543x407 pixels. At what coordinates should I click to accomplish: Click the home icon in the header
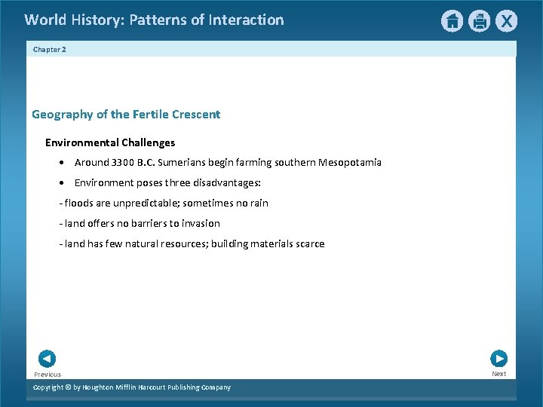click(452, 21)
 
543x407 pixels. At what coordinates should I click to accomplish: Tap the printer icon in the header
click(479, 21)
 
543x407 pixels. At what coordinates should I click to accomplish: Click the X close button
click(506, 21)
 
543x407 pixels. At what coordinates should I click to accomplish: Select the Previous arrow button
click(47, 360)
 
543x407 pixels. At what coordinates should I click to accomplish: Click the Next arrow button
click(499, 359)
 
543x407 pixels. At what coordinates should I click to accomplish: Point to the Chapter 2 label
click(50, 49)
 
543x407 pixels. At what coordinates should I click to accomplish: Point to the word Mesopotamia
click(350, 162)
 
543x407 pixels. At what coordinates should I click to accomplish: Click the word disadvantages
click(226, 182)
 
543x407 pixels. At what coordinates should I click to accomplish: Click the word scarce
click(308, 243)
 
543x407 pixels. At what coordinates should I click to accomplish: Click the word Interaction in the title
click(247, 20)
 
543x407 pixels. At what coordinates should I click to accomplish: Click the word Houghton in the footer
click(102, 387)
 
